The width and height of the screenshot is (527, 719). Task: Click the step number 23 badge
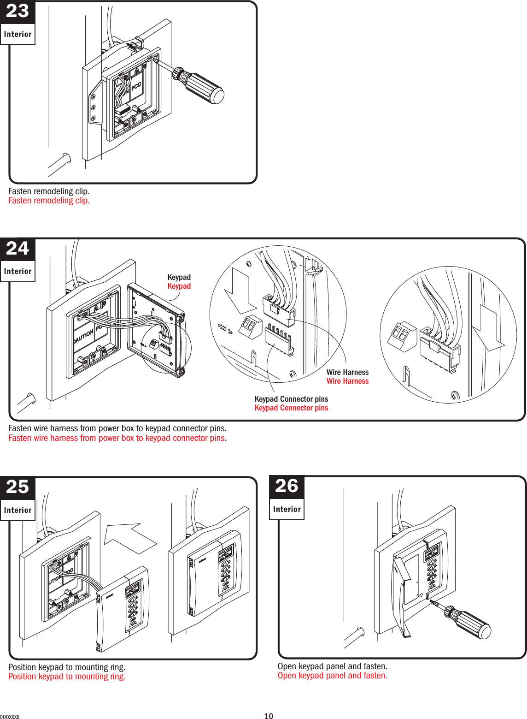(18, 11)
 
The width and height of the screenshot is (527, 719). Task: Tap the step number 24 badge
(18, 249)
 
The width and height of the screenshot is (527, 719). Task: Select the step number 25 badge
(18, 487)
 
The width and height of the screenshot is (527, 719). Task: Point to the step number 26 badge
(287, 486)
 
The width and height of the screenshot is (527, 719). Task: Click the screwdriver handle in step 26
(473, 624)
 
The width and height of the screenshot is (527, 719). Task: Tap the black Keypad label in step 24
(179, 277)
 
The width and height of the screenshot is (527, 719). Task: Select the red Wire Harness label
(347, 381)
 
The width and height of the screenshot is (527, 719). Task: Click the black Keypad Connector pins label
(291, 399)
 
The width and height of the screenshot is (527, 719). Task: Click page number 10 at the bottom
(269, 716)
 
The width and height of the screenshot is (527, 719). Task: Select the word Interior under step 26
(287, 509)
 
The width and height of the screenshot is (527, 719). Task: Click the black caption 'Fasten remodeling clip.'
(49, 191)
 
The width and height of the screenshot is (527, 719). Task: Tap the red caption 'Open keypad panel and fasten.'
(332, 676)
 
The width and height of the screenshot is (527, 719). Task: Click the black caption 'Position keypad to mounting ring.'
(67, 667)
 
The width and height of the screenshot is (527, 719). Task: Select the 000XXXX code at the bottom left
(10, 717)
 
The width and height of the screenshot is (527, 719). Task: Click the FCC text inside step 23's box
(136, 86)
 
